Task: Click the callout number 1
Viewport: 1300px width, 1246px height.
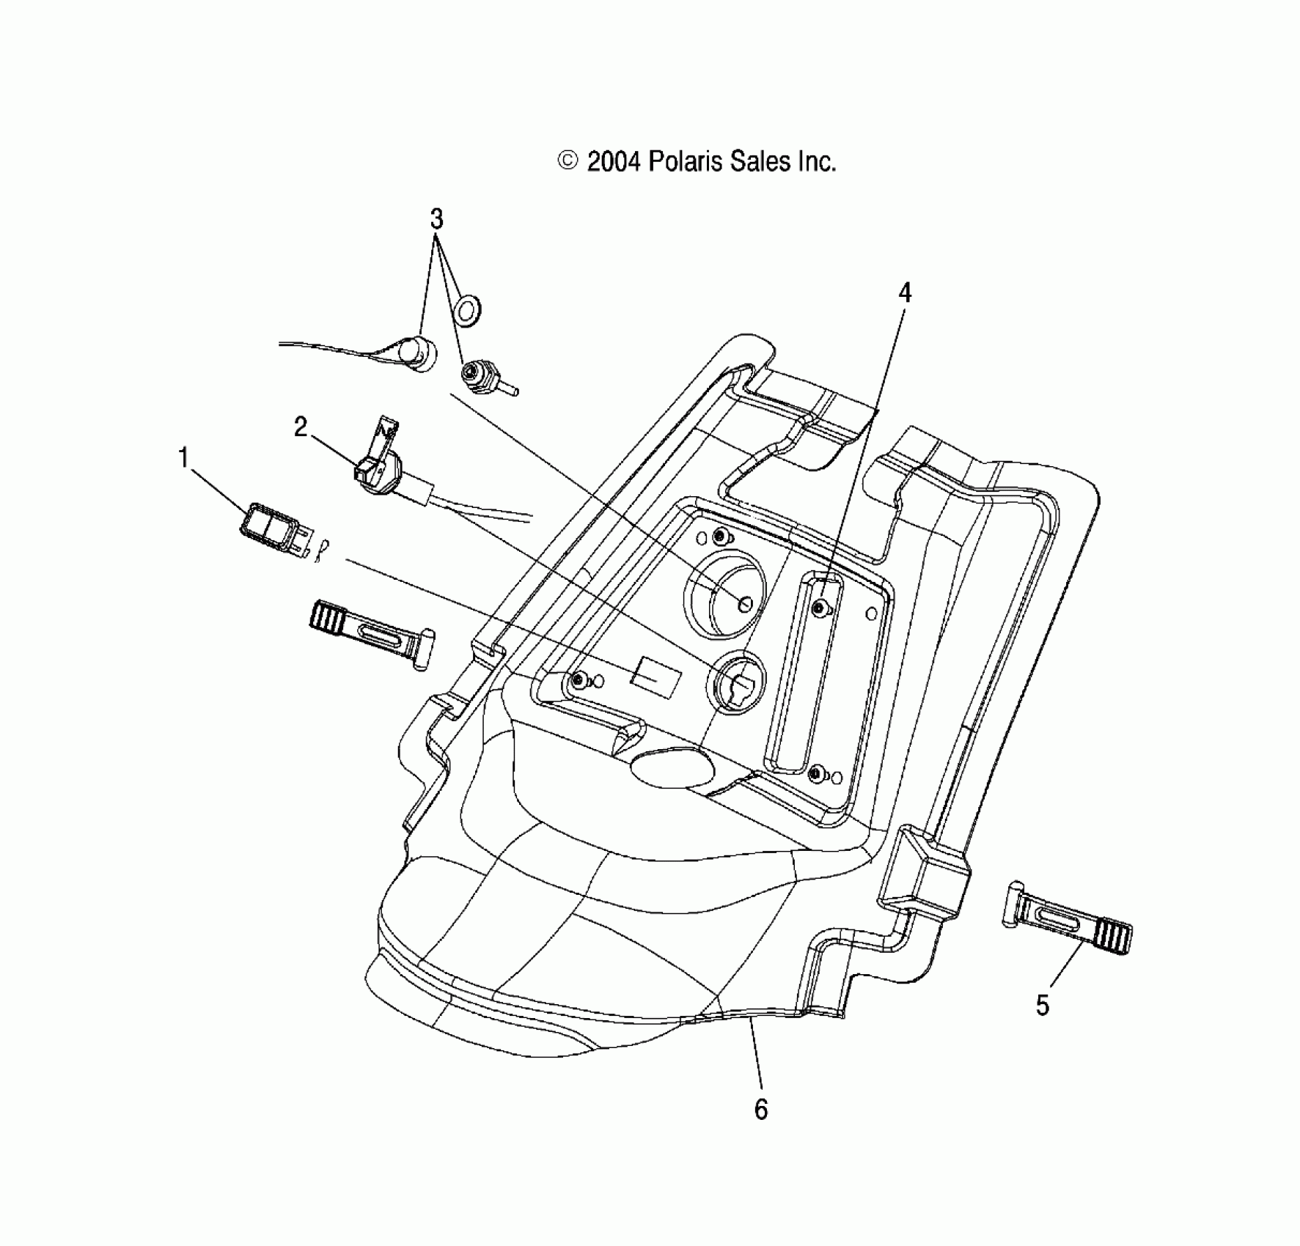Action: pos(183,458)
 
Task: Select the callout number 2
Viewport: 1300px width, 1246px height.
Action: pos(301,427)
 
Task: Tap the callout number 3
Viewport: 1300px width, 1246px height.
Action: pos(436,218)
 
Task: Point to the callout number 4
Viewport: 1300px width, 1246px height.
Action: pos(905,293)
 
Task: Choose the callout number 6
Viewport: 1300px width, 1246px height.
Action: pos(761,1110)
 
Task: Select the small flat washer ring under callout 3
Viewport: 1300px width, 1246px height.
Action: pos(468,311)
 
